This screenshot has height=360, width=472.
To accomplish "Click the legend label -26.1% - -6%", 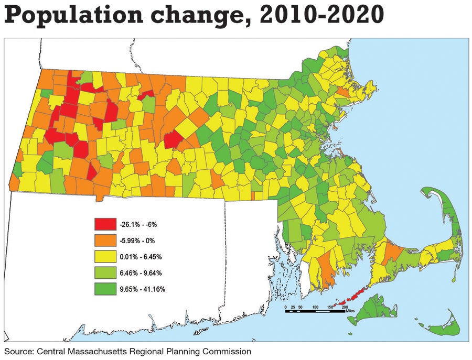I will click(x=138, y=224).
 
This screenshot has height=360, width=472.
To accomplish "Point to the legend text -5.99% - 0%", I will click(x=136, y=241).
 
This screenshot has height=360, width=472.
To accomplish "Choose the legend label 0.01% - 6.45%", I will click(x=138, y=257).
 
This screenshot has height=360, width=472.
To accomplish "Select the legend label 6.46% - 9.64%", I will click(x=138, y=273).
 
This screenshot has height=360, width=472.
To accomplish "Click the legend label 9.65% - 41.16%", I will click(x=140, y=289).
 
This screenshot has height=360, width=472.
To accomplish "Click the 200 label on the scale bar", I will click(x=345, y=306).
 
